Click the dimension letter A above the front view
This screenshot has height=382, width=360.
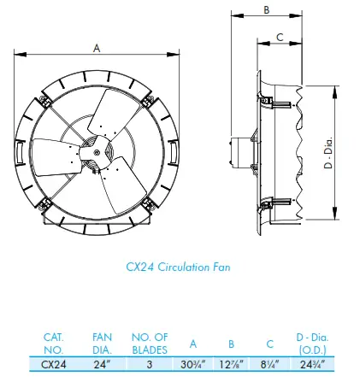(96, 50)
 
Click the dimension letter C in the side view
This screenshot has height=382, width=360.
(280, 37)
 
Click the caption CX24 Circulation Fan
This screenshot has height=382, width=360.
(178, 267)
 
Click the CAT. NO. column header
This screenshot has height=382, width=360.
(53, 344)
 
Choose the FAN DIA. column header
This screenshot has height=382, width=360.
(101, 344)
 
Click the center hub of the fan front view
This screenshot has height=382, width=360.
(96, 152)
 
